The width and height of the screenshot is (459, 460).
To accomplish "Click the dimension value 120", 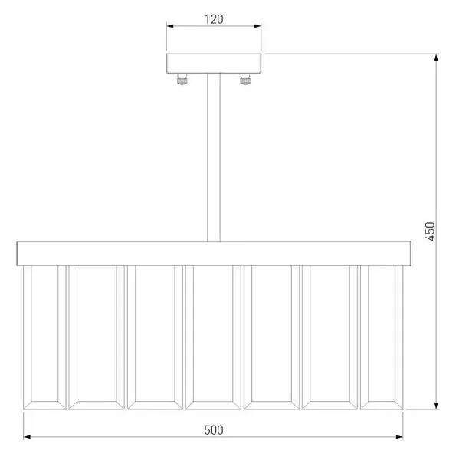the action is (214, 19).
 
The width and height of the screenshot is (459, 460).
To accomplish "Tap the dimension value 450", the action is (430, 232).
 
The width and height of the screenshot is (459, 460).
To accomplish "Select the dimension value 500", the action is (214, 430).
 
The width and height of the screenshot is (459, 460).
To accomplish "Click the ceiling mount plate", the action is (214, 64).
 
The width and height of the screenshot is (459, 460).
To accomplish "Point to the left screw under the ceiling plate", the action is (182, 79).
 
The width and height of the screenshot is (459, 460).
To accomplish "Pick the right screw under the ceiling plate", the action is (245, 79).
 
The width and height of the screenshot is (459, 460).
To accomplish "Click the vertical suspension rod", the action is (214, 157).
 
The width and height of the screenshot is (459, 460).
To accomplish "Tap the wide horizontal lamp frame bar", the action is (214, 254).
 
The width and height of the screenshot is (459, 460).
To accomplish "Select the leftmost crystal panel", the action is (44, 337).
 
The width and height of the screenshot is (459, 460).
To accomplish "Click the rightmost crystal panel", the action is (382, 337).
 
